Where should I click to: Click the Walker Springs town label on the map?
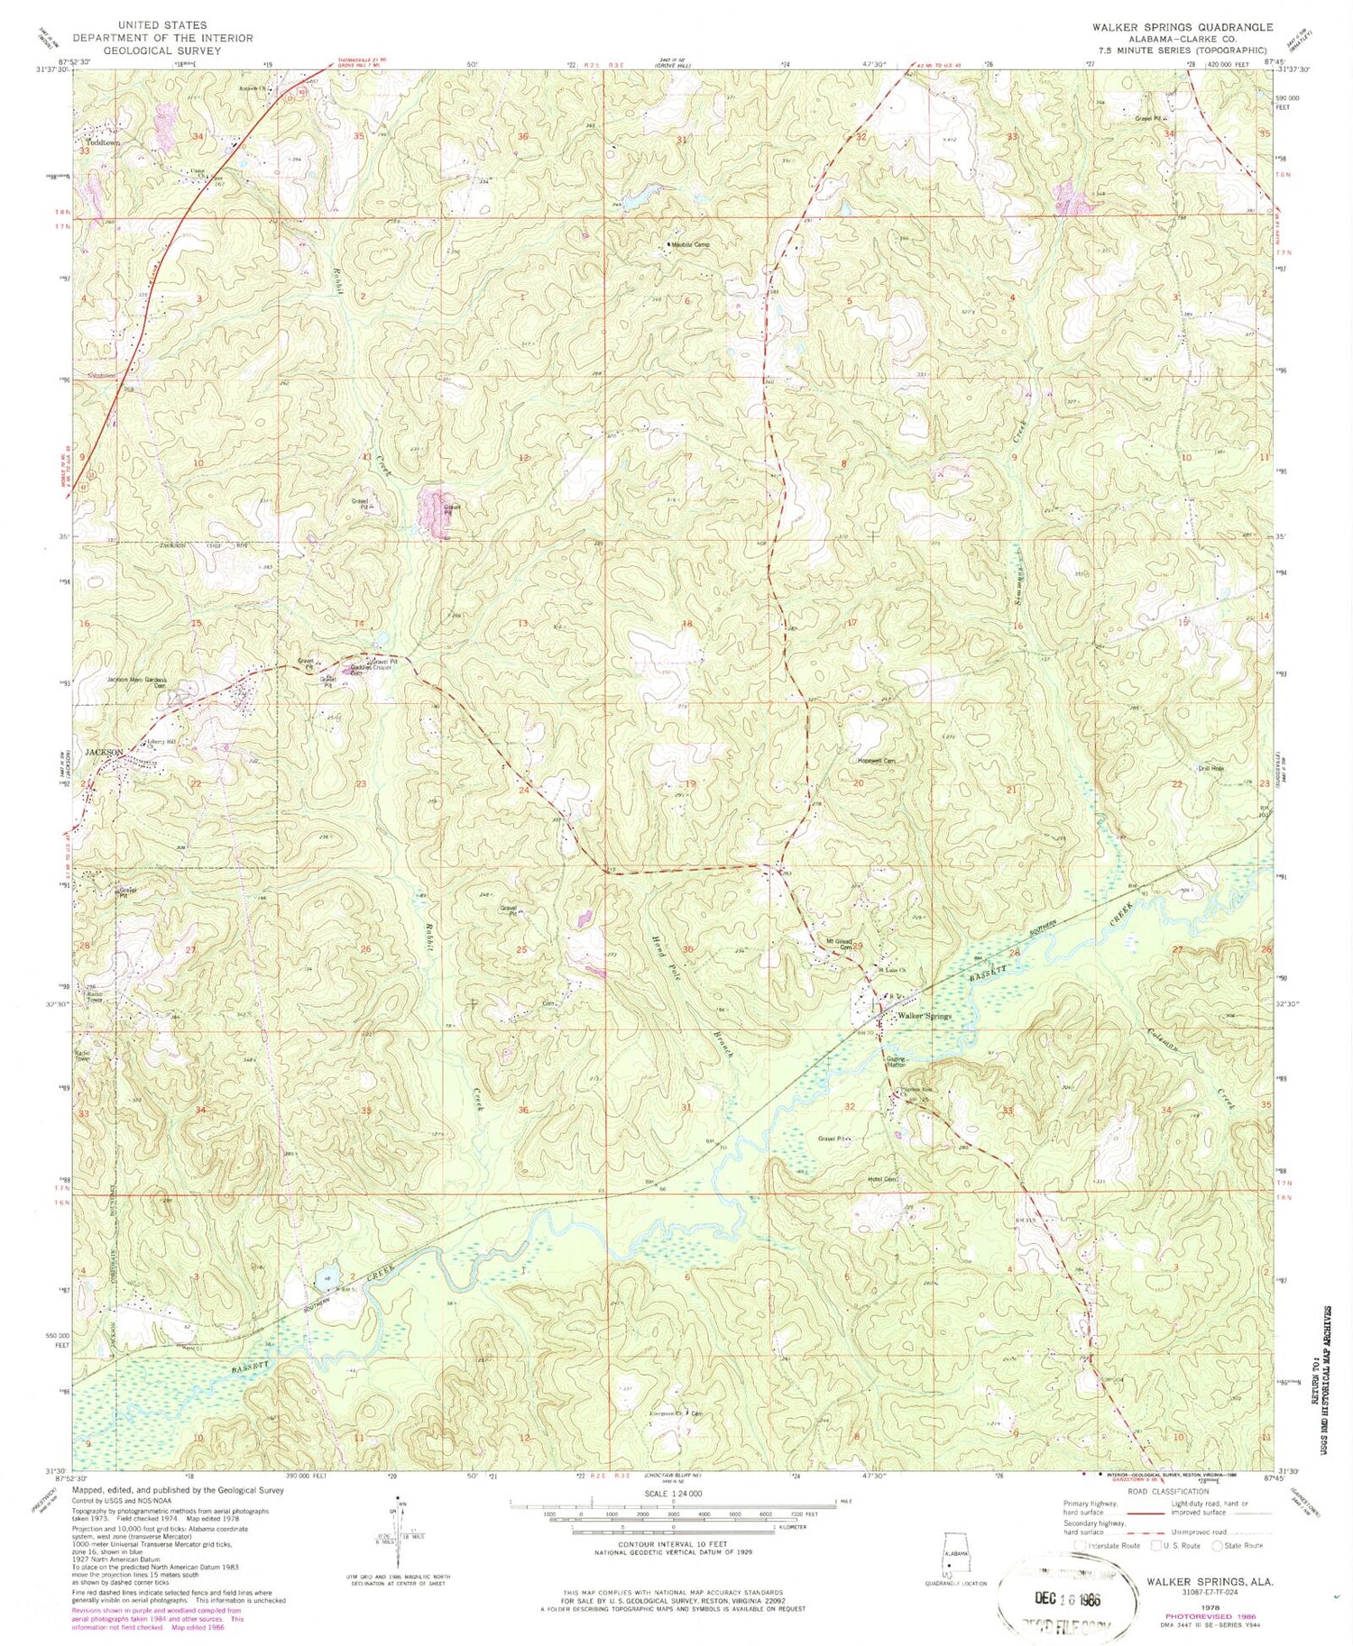[923, 1016]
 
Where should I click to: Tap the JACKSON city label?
[103, 751]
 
